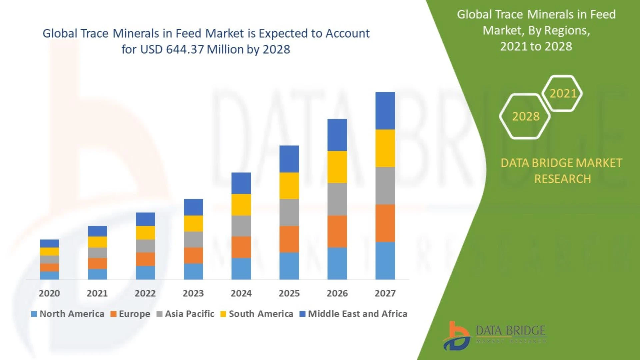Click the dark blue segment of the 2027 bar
tap(385, 111)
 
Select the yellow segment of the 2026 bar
tap(337, 167)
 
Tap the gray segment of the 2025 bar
tap(289, 212)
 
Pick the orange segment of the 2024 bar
tap(241, 247)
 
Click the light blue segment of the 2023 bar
tap(193, 271)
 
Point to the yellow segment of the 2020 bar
tap(49, 251)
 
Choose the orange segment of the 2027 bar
tap(385, 223)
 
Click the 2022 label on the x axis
tap(145, 293)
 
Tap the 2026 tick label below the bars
tap(337, 293)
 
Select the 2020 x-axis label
tap(49, 293)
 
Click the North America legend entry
tap(68, 314)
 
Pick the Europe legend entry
tap(130, 314)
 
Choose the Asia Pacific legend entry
tap(185, 314)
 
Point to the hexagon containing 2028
tap(525, 116)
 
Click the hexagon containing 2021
tap(563, 93)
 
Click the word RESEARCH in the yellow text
tap(562, 179)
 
